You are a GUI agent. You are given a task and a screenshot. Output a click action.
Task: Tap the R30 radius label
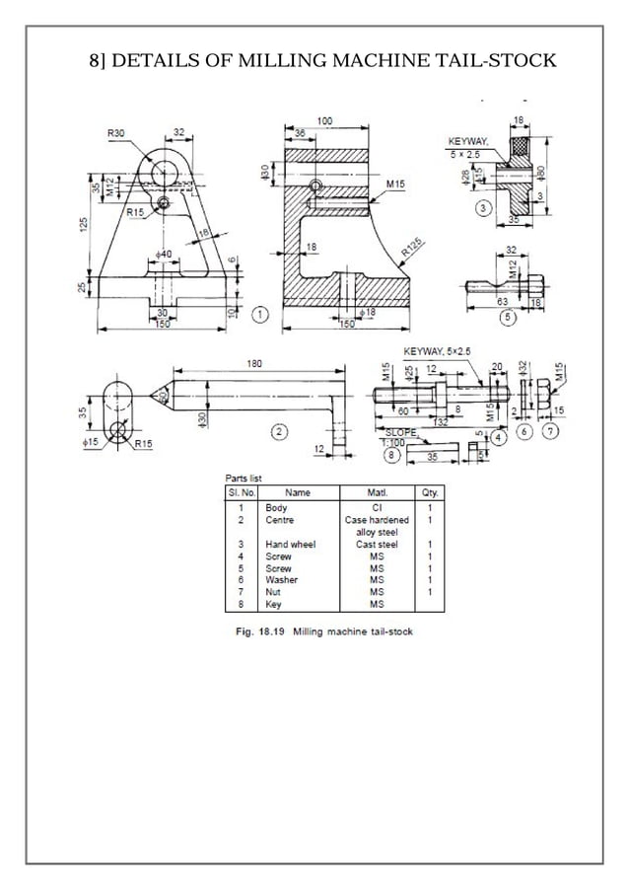pos(115,132)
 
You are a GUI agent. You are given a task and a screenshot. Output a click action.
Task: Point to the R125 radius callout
pos(414,248)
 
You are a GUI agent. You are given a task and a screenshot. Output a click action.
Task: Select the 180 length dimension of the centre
pos(254,364)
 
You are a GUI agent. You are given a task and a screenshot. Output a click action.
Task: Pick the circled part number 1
pos(260,314)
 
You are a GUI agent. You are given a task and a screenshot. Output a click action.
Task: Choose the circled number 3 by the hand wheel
pos(484,208)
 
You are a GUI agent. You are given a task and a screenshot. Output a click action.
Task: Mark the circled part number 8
pos(394,455)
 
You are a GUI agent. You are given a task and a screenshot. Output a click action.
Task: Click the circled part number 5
pos(507,318)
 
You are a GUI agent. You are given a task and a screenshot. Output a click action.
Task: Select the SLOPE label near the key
pos(400,432)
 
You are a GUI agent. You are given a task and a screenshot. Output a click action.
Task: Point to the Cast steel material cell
pos(377,544)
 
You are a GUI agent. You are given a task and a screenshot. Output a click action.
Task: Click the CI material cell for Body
pos(377,507)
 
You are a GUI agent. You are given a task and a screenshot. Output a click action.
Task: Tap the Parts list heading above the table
pos(244,479)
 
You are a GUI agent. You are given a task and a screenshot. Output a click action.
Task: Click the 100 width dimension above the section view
pos(324,120)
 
